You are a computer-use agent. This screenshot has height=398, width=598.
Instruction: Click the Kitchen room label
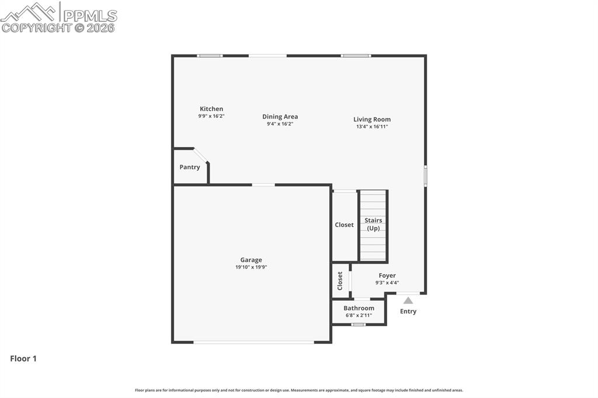(211, 109)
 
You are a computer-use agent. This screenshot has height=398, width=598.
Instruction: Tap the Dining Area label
(280, 117)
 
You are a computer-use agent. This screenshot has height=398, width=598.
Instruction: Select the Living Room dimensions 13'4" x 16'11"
(372, 127)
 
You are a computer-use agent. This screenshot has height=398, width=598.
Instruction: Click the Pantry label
(190, 167)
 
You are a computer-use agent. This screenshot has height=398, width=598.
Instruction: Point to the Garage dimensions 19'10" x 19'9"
(251, 267)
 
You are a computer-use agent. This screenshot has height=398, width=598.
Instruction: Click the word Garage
(251, 260)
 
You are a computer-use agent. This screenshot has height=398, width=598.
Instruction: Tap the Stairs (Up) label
(373, 224)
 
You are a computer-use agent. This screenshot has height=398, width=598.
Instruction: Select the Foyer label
(387, 275)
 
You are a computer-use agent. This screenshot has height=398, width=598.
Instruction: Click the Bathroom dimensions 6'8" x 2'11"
(359, 315)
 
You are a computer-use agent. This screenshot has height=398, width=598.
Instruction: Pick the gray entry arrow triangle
(408, 301)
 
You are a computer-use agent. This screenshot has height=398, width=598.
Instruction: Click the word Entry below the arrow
(408, 312)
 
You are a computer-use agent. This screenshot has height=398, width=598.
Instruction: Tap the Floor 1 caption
(23, 359)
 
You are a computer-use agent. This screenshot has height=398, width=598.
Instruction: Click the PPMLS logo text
(90, 16)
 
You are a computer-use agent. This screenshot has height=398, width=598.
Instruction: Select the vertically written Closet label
(340, 281)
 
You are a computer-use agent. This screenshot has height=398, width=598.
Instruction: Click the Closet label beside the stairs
(344, 225)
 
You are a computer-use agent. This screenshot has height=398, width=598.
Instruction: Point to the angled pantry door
(200, 156)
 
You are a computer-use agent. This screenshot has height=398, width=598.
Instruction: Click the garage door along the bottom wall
(254, 342)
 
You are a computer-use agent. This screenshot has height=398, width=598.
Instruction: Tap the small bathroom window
(359, 324)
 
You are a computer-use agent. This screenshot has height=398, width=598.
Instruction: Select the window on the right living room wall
(425, 175)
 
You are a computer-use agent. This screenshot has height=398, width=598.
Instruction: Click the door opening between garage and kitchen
(263, 185)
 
